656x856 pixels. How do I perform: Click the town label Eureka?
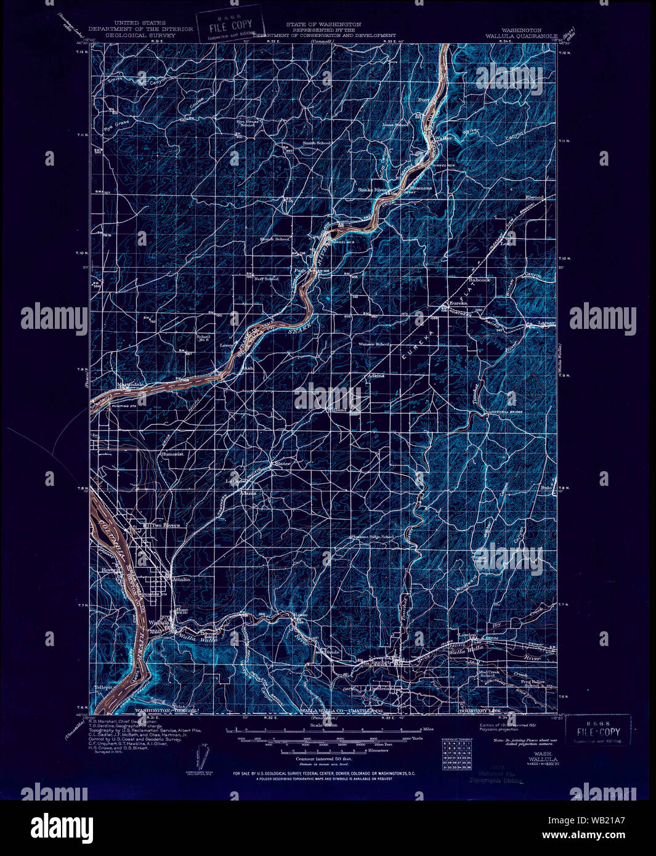[x=458, y=303]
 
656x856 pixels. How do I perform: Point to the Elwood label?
[x=533, y=197]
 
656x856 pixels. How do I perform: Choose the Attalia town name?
[x=182, y=579]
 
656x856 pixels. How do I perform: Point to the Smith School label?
[x=316, y=143]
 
